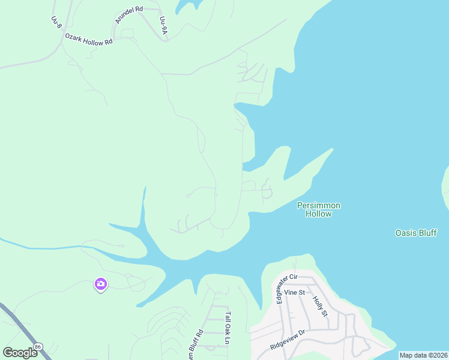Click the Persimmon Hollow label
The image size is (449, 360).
[319, 209]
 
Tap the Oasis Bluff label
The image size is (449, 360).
[416, 233]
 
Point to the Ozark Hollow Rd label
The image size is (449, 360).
[89, 42]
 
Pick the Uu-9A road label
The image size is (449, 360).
[163, 25]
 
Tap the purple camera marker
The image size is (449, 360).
[100, 283]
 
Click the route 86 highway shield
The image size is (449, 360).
[39, 347]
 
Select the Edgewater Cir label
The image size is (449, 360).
[279, 289]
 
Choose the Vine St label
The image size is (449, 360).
[295, 292]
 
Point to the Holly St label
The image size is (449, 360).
[320, 305]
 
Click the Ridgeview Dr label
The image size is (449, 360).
[288, 340]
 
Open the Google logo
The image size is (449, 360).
[20, 353]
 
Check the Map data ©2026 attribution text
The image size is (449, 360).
[423, 355]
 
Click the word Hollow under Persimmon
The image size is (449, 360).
[319, 214]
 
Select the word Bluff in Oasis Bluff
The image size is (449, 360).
[426, 233]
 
